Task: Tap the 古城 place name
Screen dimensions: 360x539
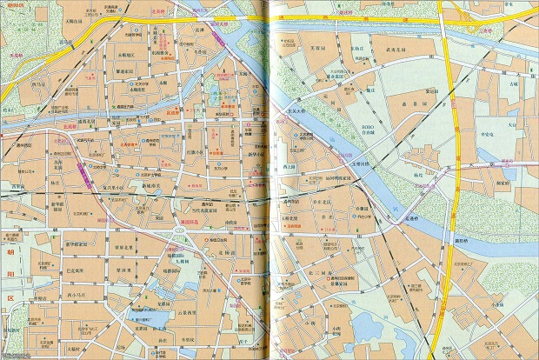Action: tap(514, 84)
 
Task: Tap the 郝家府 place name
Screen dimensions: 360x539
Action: tap(502, 183)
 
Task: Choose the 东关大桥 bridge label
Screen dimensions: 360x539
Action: tap(292, 111)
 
